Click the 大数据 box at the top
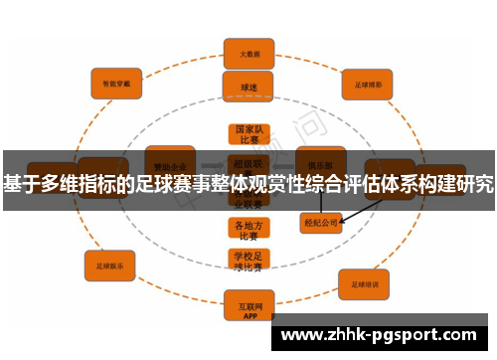click(x=248, y=53)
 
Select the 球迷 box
click(x=248, y=87)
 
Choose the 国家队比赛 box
click(x=248, y=135)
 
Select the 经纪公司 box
click(x=321, y=223)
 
